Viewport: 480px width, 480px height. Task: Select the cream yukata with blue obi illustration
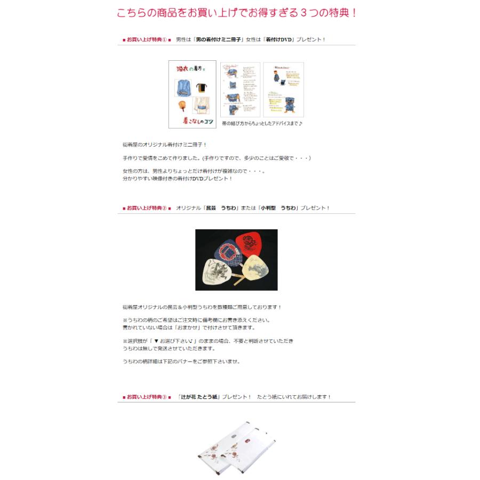click(x=202, y=107)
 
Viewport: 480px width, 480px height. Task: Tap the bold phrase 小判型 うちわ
click(x=277, y=208)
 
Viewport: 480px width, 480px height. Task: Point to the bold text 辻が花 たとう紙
click(x=199, y=397)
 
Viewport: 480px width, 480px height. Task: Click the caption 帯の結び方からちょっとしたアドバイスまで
click(x=261, y=124)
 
